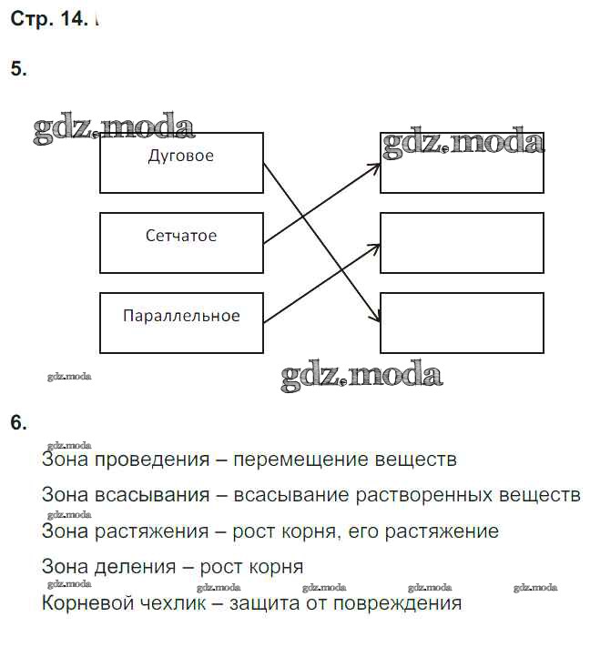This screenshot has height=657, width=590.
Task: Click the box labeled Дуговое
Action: (x=181, y=162)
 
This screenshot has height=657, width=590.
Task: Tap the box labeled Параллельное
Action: (x=181, y=322)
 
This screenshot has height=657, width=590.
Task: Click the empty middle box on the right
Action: (x=462, y=242)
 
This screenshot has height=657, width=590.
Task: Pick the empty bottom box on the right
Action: (x=462, y=322)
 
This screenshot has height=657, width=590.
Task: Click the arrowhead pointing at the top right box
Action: (x=374, y=167)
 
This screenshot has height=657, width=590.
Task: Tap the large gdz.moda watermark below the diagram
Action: (x=361, y=375)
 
